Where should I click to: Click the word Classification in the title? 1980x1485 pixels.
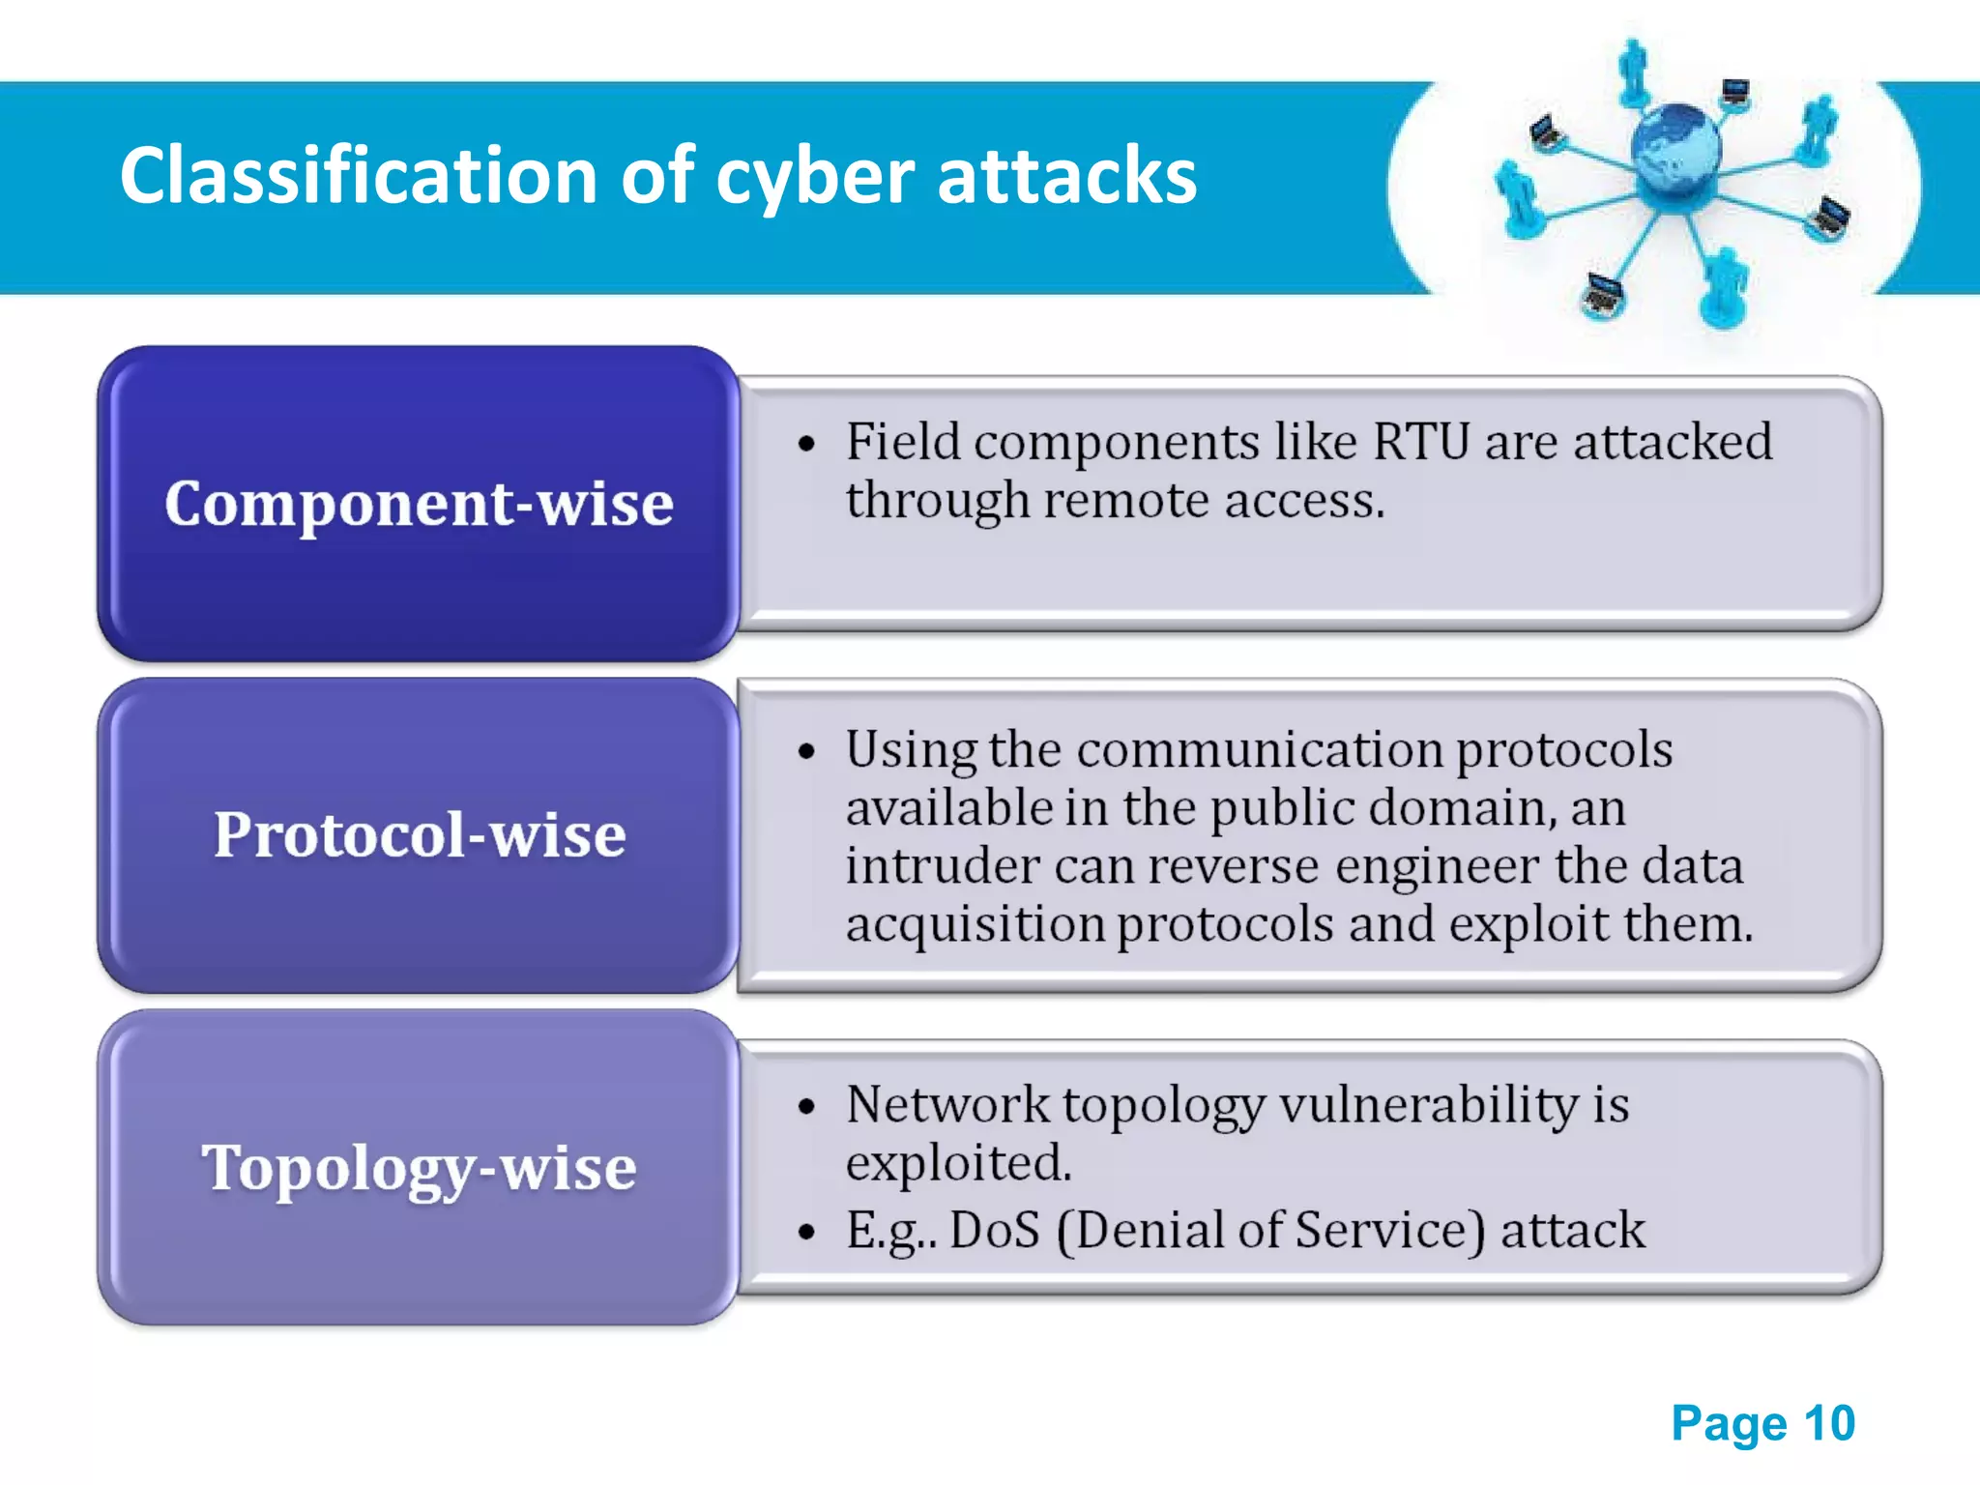tap(358, 176)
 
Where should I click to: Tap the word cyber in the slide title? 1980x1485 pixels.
tap(814, 178)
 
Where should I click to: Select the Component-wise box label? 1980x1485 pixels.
tap(419, 504)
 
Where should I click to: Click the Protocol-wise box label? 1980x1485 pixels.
tap(419, 834)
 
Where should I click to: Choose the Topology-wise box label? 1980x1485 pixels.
tap(419, 1167)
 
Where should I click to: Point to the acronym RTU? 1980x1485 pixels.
tap(1421, 442)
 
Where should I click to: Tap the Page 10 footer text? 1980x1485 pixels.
tap(1762, 1423)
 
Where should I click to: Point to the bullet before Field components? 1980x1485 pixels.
tap(806, 445)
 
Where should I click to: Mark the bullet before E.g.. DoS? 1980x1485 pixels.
tap(806, 1233)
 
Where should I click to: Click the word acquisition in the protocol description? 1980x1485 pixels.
tap(975, 924)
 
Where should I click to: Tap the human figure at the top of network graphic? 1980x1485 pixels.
tap(1633, 70)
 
